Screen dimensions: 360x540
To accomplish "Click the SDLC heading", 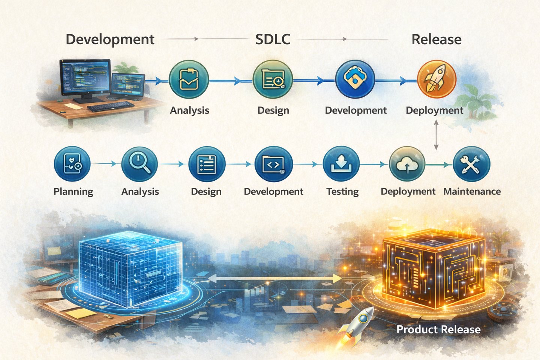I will click(273, 39).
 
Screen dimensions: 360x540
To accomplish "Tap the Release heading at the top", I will click(436, 39).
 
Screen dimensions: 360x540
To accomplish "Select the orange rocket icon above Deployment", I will click(436, 79).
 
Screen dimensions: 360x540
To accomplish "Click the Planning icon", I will click(72, 164).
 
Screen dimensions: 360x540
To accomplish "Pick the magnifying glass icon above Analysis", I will click(139, 164).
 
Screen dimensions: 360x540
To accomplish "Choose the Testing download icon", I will click(341, 164).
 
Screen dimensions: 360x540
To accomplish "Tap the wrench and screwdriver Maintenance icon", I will click(471, 164).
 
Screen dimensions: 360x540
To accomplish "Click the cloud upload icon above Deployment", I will click(407, 164).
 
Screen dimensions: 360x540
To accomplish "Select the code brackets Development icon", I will click(273, 164).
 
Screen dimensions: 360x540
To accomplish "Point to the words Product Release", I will click(438, 330).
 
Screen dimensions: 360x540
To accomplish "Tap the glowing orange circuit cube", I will click(433, 268).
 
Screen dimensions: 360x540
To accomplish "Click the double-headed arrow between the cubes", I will click(274, 278).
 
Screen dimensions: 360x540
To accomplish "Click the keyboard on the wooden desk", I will click(110, 106).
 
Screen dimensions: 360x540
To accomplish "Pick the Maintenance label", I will click(472, 192).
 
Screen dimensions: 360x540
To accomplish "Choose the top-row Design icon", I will click(272, 79).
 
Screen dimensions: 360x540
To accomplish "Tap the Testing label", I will click(342, 192).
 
